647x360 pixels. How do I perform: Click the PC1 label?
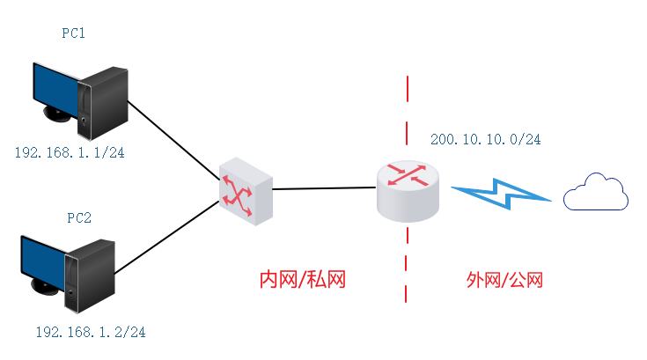tap(73, 33)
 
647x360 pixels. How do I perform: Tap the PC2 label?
tap(78, 217)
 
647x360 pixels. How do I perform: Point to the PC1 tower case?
tap(105, 103)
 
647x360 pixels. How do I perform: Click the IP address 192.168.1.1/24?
tap(70, 152)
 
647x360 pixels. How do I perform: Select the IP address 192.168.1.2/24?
tap(90, 333)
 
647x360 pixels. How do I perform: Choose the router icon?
tap(408, 187)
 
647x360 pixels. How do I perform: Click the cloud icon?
tap(596, 193)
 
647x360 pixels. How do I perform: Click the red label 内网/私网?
tap(302, 280)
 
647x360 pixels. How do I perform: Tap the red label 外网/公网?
tap(504, 280)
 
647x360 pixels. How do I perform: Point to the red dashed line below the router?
tap(408, 264)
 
